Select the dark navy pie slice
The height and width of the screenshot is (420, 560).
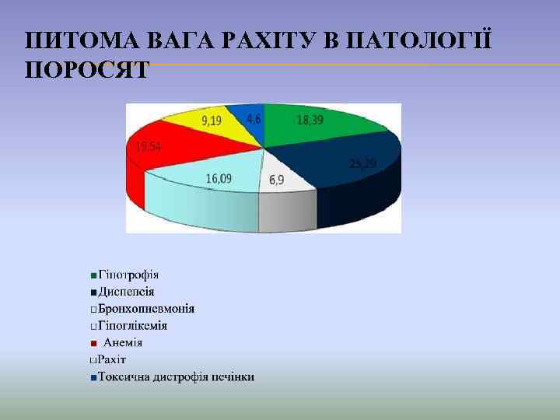(x=342, y=167)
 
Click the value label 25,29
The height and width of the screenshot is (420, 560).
(x=363, y=163)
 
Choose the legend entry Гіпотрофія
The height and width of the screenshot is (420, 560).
(x=128, y=275)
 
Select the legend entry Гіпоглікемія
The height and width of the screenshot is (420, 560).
(x=133, y=325)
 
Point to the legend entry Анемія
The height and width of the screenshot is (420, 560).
(x=123, y=342)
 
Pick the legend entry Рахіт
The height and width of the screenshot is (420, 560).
(x=112, y=359)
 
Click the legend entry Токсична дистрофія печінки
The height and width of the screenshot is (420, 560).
(x=176, y=377)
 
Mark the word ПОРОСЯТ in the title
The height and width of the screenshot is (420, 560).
(x=86, y=70)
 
